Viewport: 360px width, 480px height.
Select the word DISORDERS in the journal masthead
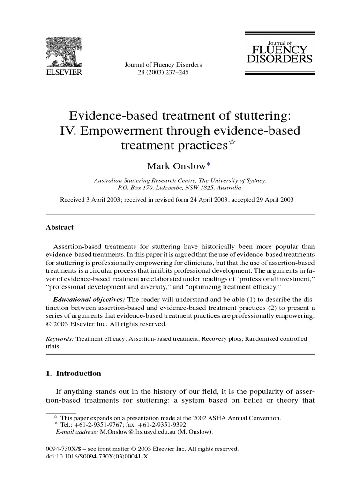280,60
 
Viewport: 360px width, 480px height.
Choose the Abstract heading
60,227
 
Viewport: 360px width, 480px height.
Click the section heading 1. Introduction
73,374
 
